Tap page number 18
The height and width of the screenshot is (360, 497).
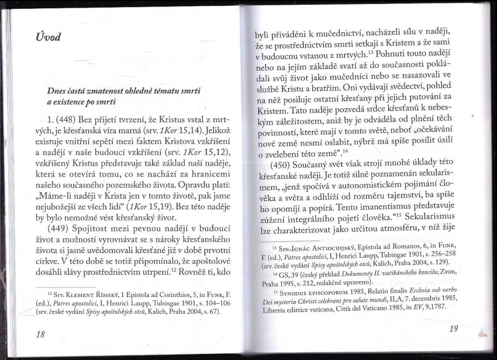[x=40, y=334]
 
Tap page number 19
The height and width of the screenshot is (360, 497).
[x=454, y=328]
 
